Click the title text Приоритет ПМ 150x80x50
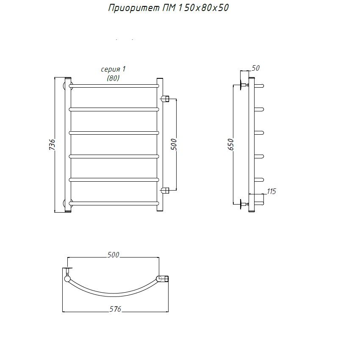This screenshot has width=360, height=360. (168, 8)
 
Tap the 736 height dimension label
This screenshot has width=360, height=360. (52, 144)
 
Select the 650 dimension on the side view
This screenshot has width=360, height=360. (230, 144)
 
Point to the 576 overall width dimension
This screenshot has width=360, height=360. (115, 309)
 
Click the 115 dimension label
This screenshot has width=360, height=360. (271, 191)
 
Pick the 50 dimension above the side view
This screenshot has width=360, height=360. (255, 68)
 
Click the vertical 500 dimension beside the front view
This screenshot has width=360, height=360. (174, 144)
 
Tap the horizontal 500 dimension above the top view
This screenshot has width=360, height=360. (113, 255)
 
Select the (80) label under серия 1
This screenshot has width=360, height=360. (113, 78)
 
